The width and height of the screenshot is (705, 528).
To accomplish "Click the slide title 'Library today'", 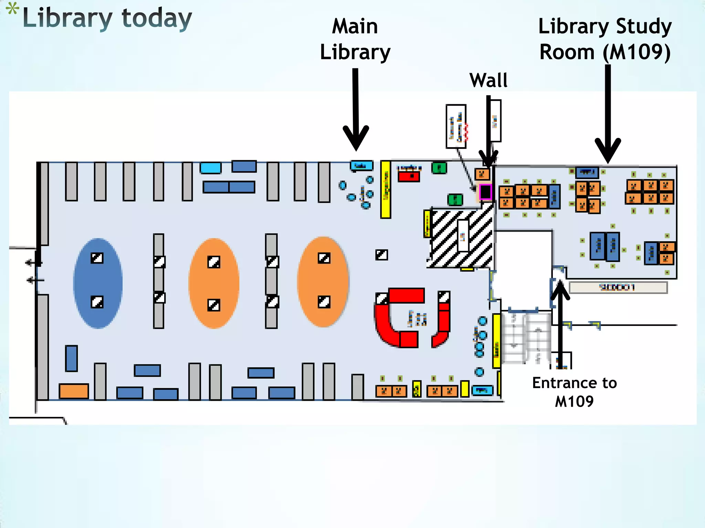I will (107, 19).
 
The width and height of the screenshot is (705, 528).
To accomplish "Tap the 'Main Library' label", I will (355, 39).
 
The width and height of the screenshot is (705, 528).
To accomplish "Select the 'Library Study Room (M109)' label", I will (605, 39).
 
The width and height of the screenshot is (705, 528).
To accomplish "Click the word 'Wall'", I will (488, 80).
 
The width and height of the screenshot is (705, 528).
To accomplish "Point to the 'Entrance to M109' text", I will (574, 392).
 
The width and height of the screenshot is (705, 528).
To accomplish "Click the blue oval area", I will (98, 283).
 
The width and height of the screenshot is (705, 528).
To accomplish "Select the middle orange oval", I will (214, 283).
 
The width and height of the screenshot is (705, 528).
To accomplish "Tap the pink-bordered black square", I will (485, 192).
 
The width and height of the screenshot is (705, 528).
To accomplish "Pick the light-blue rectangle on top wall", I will (210, 168).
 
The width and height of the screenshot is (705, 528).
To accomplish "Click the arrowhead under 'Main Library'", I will (356, 137).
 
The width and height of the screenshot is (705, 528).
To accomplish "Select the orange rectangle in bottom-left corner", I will (74, 391).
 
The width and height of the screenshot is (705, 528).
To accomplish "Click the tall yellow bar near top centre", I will (386, 189).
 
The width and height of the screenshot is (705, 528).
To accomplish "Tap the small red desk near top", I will (409, 176).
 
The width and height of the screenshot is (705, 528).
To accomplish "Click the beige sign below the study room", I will (618, 287).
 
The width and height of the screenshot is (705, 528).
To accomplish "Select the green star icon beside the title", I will (12, 9).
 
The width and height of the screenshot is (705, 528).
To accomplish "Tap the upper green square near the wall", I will (439, 168).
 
